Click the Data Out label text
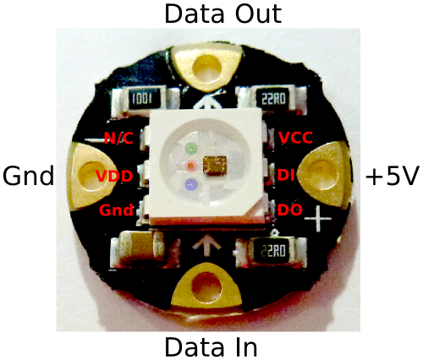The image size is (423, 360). click(x=222, y=14)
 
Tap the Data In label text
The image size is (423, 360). click(x=211, y=346)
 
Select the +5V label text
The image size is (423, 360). click(x=391, y=176)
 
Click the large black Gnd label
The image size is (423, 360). click(x=28, y=175)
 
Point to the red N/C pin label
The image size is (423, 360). click(x=118, y=138)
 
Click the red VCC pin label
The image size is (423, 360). click(x=295, y=138)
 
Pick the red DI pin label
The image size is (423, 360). click(x=286, y=175)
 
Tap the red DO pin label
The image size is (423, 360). click(x=290, y=210)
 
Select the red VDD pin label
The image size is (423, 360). click(x=114, y=177)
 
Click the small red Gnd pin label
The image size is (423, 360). click(x=116, y=210)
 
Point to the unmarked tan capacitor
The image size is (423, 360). click(x=138, y=248)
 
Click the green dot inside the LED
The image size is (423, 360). click(x=191, y=148)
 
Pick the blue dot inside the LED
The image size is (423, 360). click(x=191, y=184)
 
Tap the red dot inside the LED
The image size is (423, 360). click(x=190, y=166)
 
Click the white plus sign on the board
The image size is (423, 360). click(x=318, y=218)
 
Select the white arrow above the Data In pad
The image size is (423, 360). click(x=206, y=245)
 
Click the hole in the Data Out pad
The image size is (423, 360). click(x=207, y=68)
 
